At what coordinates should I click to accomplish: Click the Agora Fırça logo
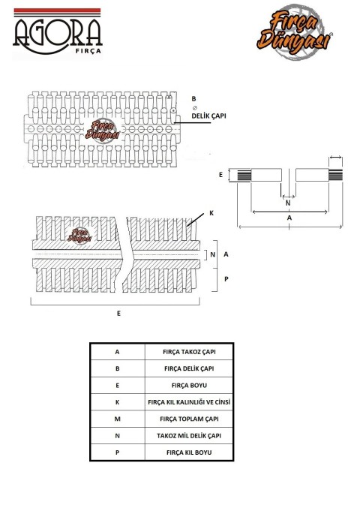coord(58,32)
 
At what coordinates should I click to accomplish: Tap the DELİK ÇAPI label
coord(208,116)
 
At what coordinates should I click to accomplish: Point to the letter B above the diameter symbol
coord(194,99)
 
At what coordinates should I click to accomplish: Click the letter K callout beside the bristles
coord(211,213)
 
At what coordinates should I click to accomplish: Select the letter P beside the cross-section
coord(226,278)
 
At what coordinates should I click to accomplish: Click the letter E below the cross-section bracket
coord(118,314)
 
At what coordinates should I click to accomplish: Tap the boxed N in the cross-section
coord(213,254)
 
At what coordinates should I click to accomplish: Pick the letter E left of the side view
coord(220,175)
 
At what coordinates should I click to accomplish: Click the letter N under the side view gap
coord(288,203)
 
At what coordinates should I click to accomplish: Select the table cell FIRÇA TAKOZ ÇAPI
coord(189,352)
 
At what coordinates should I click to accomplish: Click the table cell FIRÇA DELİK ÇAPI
coord(189,368)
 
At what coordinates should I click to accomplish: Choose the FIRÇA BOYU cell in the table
coord(189,386)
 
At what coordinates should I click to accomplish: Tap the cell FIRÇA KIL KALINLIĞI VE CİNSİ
coord(189,402)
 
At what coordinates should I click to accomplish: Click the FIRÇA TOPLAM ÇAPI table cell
coord(189,419)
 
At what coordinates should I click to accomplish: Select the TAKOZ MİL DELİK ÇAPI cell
coord(189,436)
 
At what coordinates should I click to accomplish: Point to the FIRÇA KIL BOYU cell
coord(189,452)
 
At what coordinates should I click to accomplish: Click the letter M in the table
coord(117,419)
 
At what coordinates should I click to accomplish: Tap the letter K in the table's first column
coord(117,402)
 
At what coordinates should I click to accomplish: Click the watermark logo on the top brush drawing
coord(103,130)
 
